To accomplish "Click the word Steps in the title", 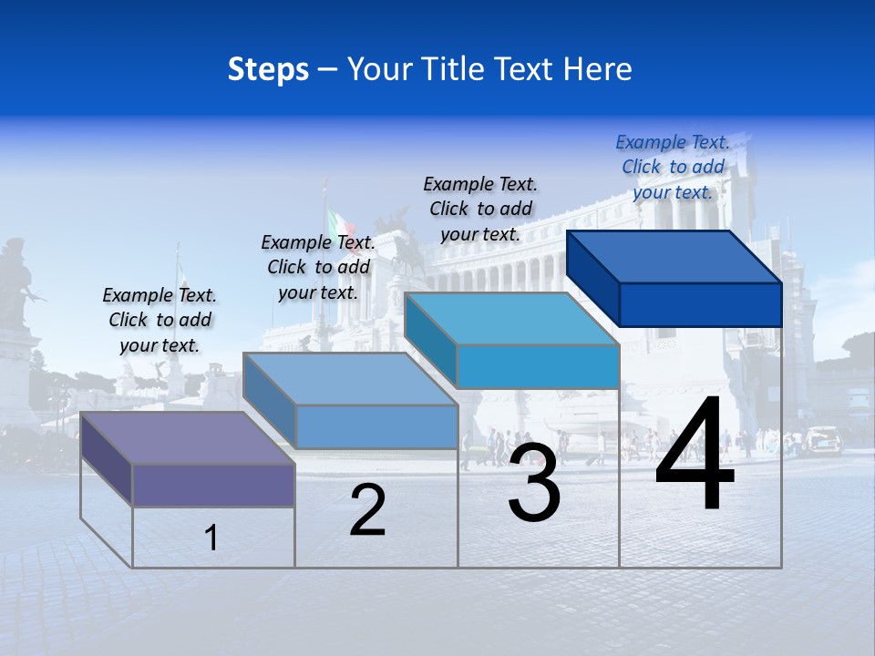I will [268, 69].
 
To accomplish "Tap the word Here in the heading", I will [598, 69].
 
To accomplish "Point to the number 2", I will [367, 510].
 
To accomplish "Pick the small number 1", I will [211, 538].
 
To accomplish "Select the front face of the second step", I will [376, 426].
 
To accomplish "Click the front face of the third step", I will [538, 366].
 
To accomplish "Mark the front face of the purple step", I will [213, 485].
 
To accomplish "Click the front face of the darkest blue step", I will [700, 304].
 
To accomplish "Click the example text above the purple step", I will [160, 320].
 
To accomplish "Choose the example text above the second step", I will [318, 267].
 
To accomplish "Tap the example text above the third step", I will [480, 209].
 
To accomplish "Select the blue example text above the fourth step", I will [673, 167].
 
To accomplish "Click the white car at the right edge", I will [824, 439].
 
